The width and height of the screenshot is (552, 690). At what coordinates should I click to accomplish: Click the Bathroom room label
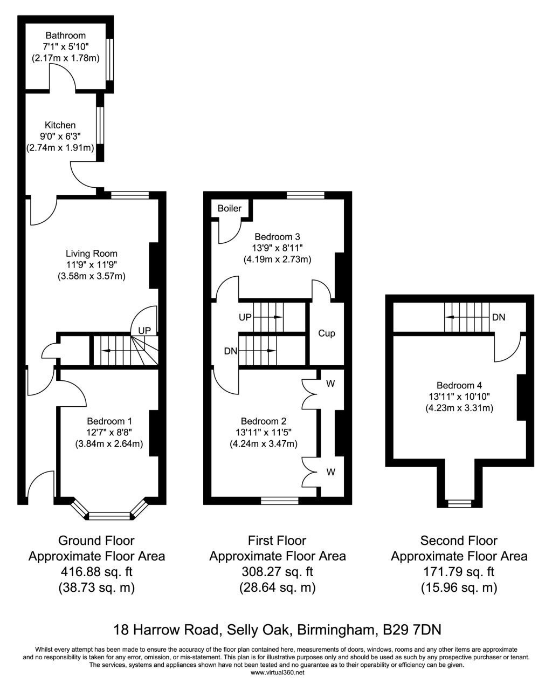65,35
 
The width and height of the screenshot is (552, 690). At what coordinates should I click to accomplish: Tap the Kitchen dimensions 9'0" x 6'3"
60,136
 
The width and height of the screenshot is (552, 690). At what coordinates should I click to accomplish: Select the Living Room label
92,254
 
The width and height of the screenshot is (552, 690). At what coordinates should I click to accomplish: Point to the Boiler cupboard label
230,208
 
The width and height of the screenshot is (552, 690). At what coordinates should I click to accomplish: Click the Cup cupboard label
327,333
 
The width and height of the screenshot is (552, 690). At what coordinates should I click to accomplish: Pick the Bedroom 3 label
277,237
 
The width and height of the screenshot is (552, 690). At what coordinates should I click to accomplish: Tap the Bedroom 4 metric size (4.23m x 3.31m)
459,408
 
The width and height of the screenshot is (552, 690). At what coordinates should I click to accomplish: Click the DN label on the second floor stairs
499,317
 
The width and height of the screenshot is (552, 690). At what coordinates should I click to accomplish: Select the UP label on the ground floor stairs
144,330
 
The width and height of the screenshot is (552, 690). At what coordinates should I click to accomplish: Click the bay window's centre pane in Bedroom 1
109,516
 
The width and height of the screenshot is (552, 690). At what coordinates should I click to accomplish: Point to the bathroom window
109,60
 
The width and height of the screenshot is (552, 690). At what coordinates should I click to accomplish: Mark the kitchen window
100,125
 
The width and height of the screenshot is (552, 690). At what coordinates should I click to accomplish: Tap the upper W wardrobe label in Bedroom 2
330,383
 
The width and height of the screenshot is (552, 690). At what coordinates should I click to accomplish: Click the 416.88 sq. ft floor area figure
96,571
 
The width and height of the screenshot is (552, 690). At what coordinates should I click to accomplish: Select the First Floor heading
277,541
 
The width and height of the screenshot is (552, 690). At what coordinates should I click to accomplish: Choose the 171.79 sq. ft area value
459,571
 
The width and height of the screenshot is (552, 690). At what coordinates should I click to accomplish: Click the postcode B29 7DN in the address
412,630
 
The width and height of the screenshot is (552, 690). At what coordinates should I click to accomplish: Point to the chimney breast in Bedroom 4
522,398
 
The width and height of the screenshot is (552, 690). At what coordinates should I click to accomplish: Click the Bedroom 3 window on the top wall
305,195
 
